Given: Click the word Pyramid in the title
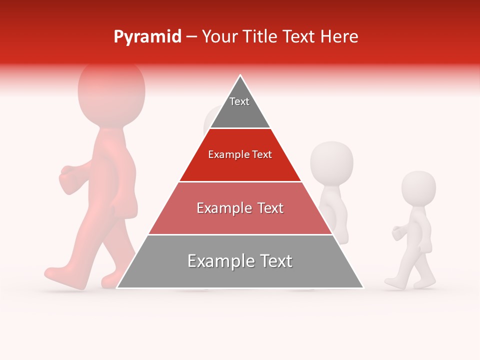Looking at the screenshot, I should tap(147, 37).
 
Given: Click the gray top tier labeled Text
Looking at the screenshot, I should tap(239, 107).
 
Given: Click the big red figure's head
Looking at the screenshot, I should tap(111, 90).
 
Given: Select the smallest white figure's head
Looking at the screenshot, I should tap(418, 187).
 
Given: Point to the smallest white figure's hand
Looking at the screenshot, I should tap(398, 233).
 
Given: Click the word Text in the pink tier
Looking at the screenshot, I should tap(268, 208).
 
